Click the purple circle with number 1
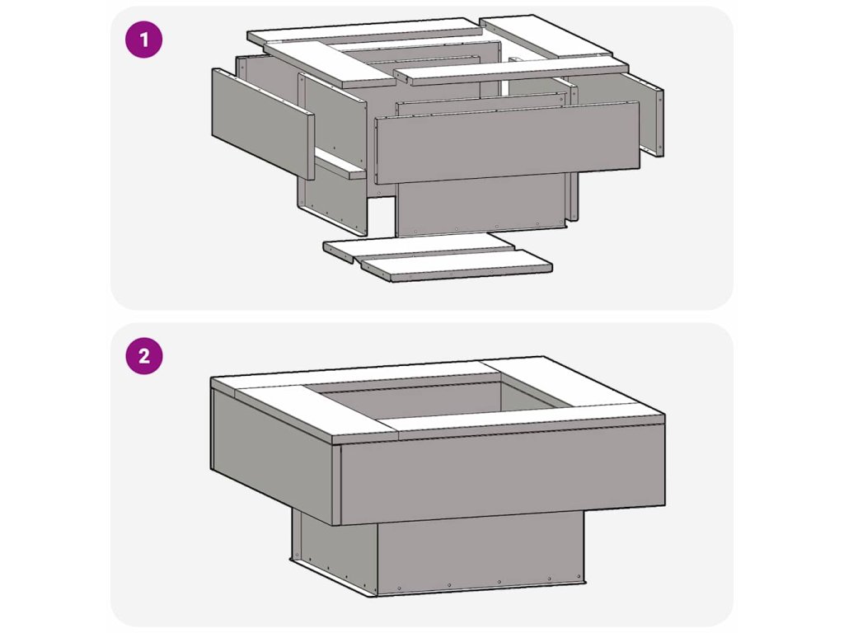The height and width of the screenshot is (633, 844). coord(143,40)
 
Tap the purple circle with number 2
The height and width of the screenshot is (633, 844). coord(143,356)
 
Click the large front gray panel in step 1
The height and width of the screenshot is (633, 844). coord(507,142)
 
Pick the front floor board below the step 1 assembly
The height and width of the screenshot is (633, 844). coord(457,266)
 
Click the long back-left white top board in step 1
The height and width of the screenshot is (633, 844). coord(365,30)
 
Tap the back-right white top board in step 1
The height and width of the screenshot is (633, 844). coord(546,35)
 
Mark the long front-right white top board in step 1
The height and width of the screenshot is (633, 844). coord(511,70)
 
